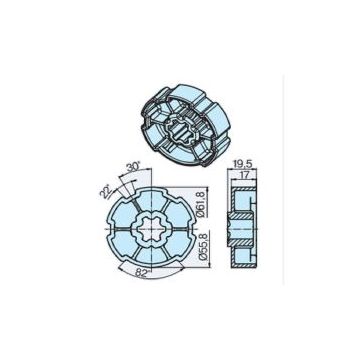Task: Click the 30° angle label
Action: click(134, 168)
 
